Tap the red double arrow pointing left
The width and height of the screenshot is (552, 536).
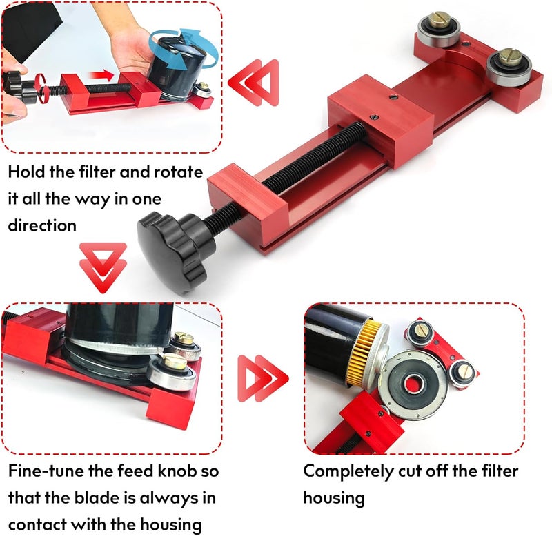(253, 83)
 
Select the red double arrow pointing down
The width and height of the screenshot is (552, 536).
(103, 267)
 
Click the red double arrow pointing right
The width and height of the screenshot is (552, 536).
(263, 378)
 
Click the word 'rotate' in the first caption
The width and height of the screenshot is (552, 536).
(179, 172)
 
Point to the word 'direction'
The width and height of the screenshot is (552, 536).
(42, 225)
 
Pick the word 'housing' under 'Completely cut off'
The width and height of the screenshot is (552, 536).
(334, 498)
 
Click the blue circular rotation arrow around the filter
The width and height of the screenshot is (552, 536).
(183, 49)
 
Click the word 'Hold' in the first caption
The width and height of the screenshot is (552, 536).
(26, 172)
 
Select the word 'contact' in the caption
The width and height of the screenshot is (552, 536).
(38, 525)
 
